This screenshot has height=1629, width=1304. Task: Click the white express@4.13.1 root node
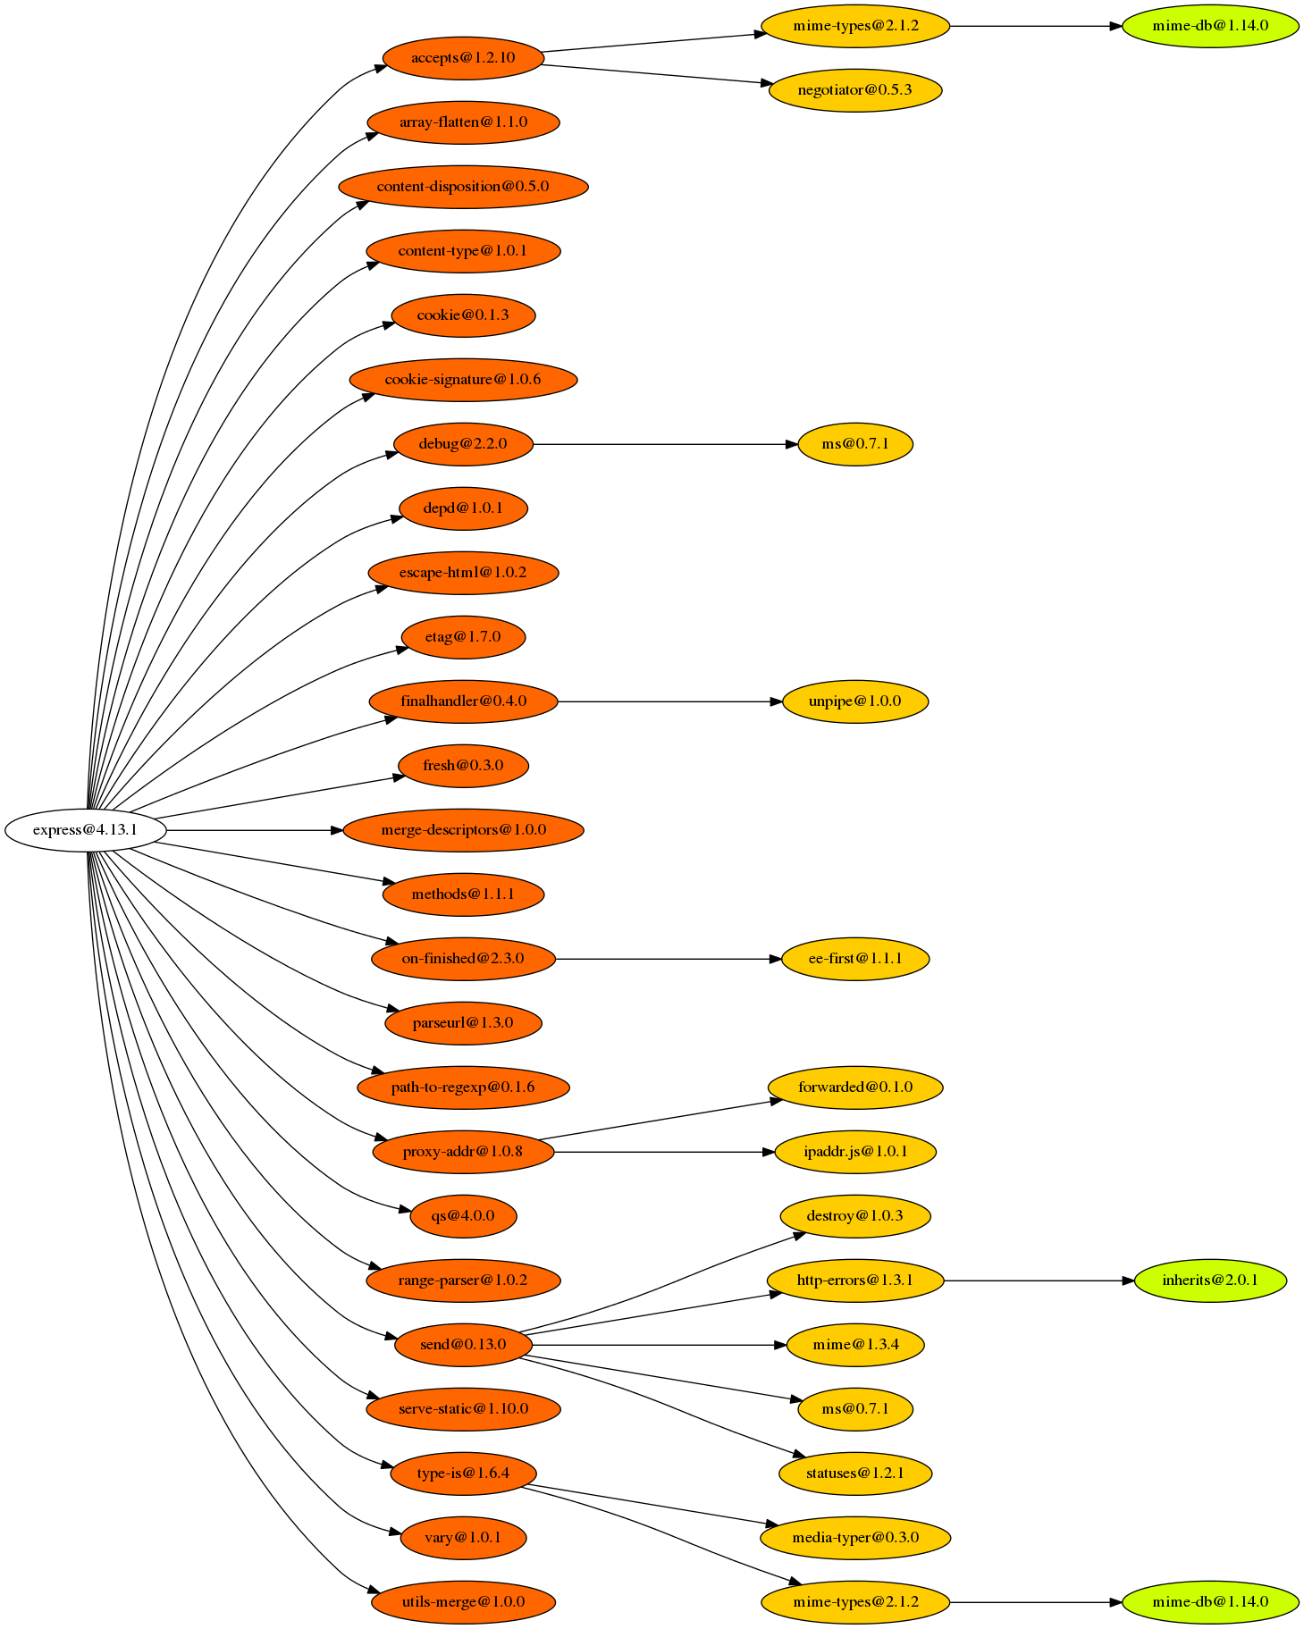pyautogui.click(x=85, y=830)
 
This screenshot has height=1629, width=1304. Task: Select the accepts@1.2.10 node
pyautogui.click(x=463, y=58)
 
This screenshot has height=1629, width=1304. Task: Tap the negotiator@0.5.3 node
pyautogui.click(x=854, y=90)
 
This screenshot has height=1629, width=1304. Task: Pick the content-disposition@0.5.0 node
pyautogui.click(x=463, y=187)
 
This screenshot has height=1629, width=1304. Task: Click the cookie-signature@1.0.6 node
pyautogui.click(x=463, y=380)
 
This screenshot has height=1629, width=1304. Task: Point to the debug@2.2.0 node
pyautogui.click(x=463, y=444)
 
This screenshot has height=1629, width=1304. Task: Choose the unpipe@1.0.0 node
pyautogui.click(x=854, y=701)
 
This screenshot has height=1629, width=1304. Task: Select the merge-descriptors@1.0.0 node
pyautogui.click(x=463, y=830)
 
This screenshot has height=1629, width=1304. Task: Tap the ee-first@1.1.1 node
pyautogui.click(x=854, y=959)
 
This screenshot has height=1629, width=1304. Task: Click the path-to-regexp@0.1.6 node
pyautogui.click(x=463, y=1087)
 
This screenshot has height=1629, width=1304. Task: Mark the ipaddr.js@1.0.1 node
pyautogui.click(x=854, y=1152)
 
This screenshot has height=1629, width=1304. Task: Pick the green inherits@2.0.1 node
pyautogui.click(x=1209, y=1281)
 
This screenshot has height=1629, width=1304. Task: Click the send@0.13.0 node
pyautogui.click(x=463, y=1345)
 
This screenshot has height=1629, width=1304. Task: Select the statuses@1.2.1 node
pyautogui.click(x=854, y=1474)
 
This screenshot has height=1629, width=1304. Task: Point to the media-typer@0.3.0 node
pyautogui.click(x=854, y=1538)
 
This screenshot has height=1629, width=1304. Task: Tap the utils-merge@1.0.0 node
pyautogui.click(x=463, y=1602)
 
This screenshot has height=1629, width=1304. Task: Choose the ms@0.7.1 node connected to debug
pyautogui.click(x=854, y=444)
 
